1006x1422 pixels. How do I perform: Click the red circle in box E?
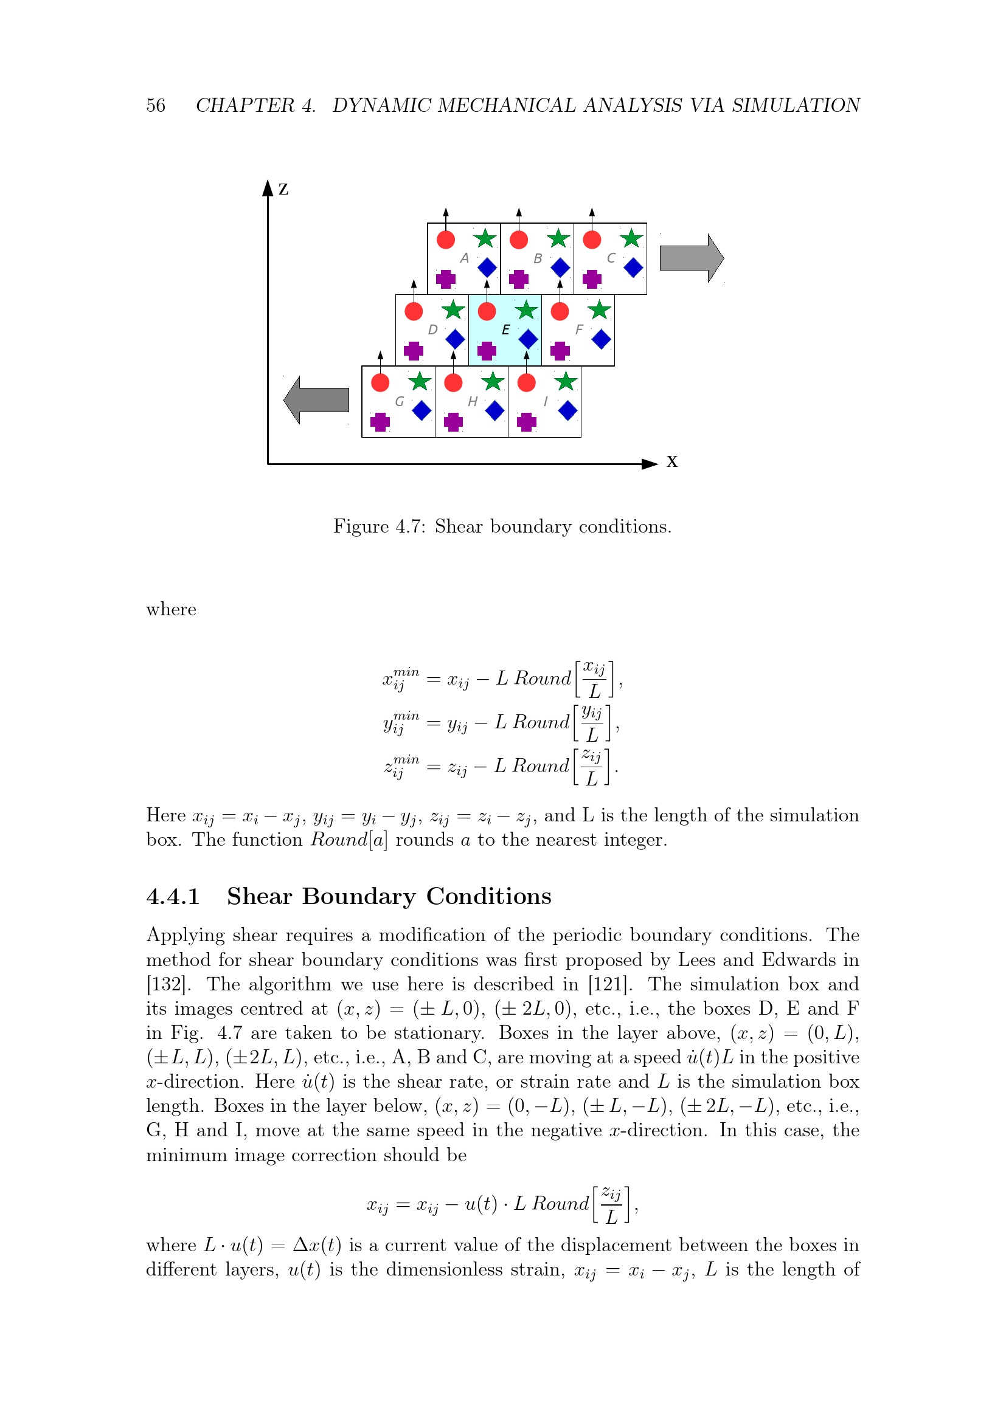[x=487, y=311]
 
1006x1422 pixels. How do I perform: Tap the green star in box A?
[x=485, y=238]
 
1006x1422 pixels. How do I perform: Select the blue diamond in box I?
[x=567, y=410]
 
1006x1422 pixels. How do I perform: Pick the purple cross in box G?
[x=380, y=423]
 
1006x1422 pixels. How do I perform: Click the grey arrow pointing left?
[x=316, y=399]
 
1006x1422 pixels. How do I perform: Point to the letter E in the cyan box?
[x=505, y=330]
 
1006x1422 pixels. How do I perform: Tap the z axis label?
[x=283, y=188]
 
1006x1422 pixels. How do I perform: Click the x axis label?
[x=671, y=461]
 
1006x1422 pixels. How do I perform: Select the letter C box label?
[x=611, y=258]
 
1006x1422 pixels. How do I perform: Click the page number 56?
[x=156, y=105]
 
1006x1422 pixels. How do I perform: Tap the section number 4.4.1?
[x=173, y=896]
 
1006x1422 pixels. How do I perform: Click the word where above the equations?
[x=171, y=609]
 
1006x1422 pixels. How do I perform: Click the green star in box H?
[x=493, y=382]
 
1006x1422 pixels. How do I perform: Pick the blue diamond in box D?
[x=456, y=339]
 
